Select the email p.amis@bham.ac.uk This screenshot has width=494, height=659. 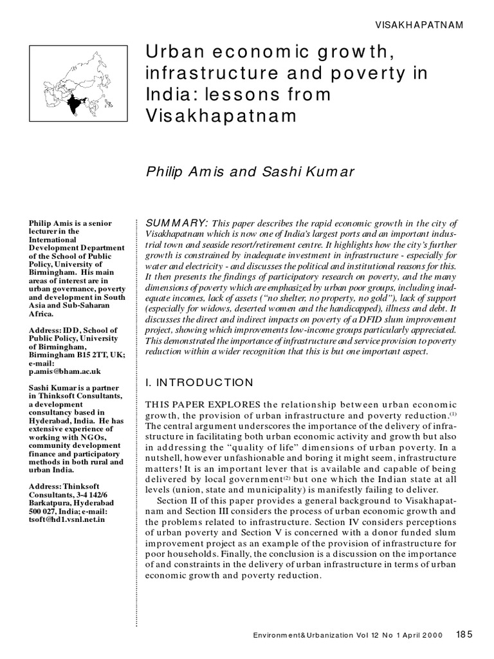coord(64,371)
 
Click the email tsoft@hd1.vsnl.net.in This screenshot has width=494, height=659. coord(66,519)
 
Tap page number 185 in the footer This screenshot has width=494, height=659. coord(464,634)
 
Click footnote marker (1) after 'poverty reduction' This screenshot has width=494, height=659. coord(453,413)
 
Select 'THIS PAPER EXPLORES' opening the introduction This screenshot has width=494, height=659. coord(204,404)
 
